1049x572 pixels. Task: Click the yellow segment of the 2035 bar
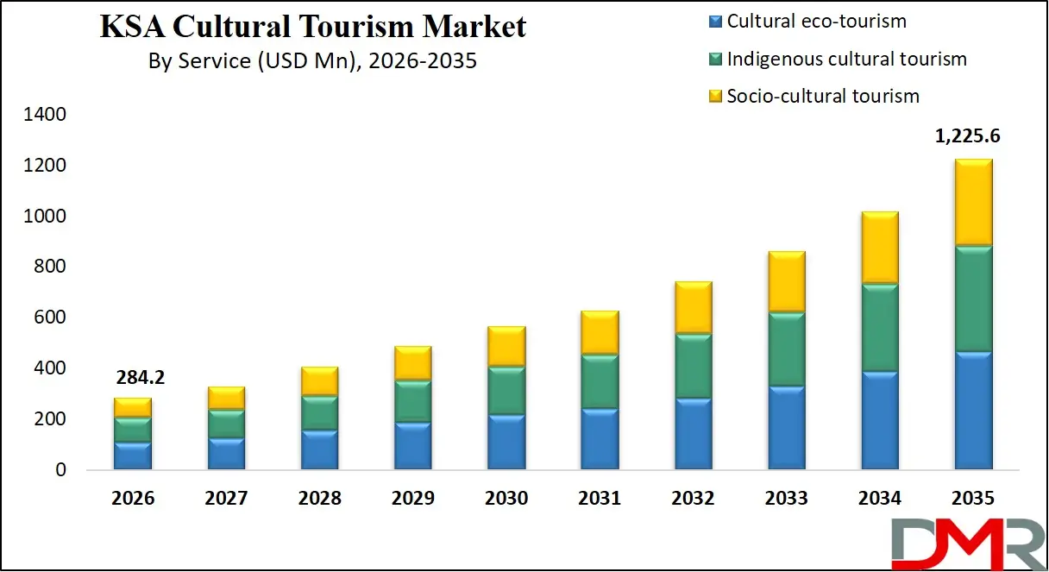tap(973, 204)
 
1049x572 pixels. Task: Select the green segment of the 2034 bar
tap(880, 329)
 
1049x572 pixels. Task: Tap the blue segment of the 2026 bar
tap(133, 456)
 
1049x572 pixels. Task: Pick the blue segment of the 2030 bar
tap(506, 442)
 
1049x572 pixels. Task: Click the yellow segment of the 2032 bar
tap(693, 307)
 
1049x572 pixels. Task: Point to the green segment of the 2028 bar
tap(319, 412)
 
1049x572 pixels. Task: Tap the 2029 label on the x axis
tap(413, 499)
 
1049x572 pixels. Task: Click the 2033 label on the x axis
tap(786, 499)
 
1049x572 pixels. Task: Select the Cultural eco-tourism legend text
tap(816, 22)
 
